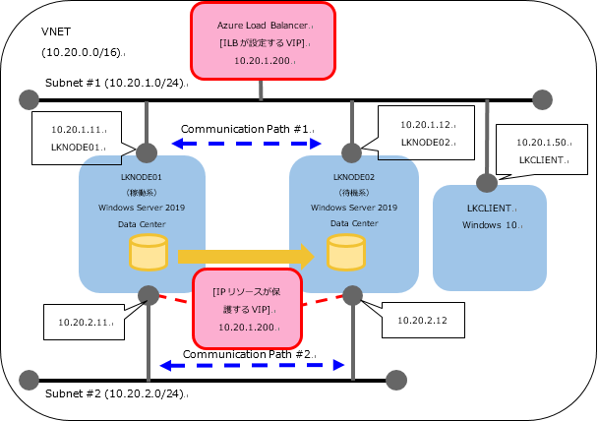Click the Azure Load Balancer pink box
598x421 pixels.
pos(262,41)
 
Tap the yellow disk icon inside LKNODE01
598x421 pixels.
pos(148,255)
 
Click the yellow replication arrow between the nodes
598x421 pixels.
pos(246,256)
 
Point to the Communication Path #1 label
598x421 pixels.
pos(246,129)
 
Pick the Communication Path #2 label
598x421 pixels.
pos(248,352)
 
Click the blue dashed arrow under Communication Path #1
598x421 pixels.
pos(252,144)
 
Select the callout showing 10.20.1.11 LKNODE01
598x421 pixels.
pos(77,138)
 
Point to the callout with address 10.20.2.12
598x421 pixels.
pos(424,321)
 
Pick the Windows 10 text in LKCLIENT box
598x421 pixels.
pos(490,224)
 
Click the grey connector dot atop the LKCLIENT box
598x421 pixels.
pos(486,182)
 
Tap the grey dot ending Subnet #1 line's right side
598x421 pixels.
pos(542,98)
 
